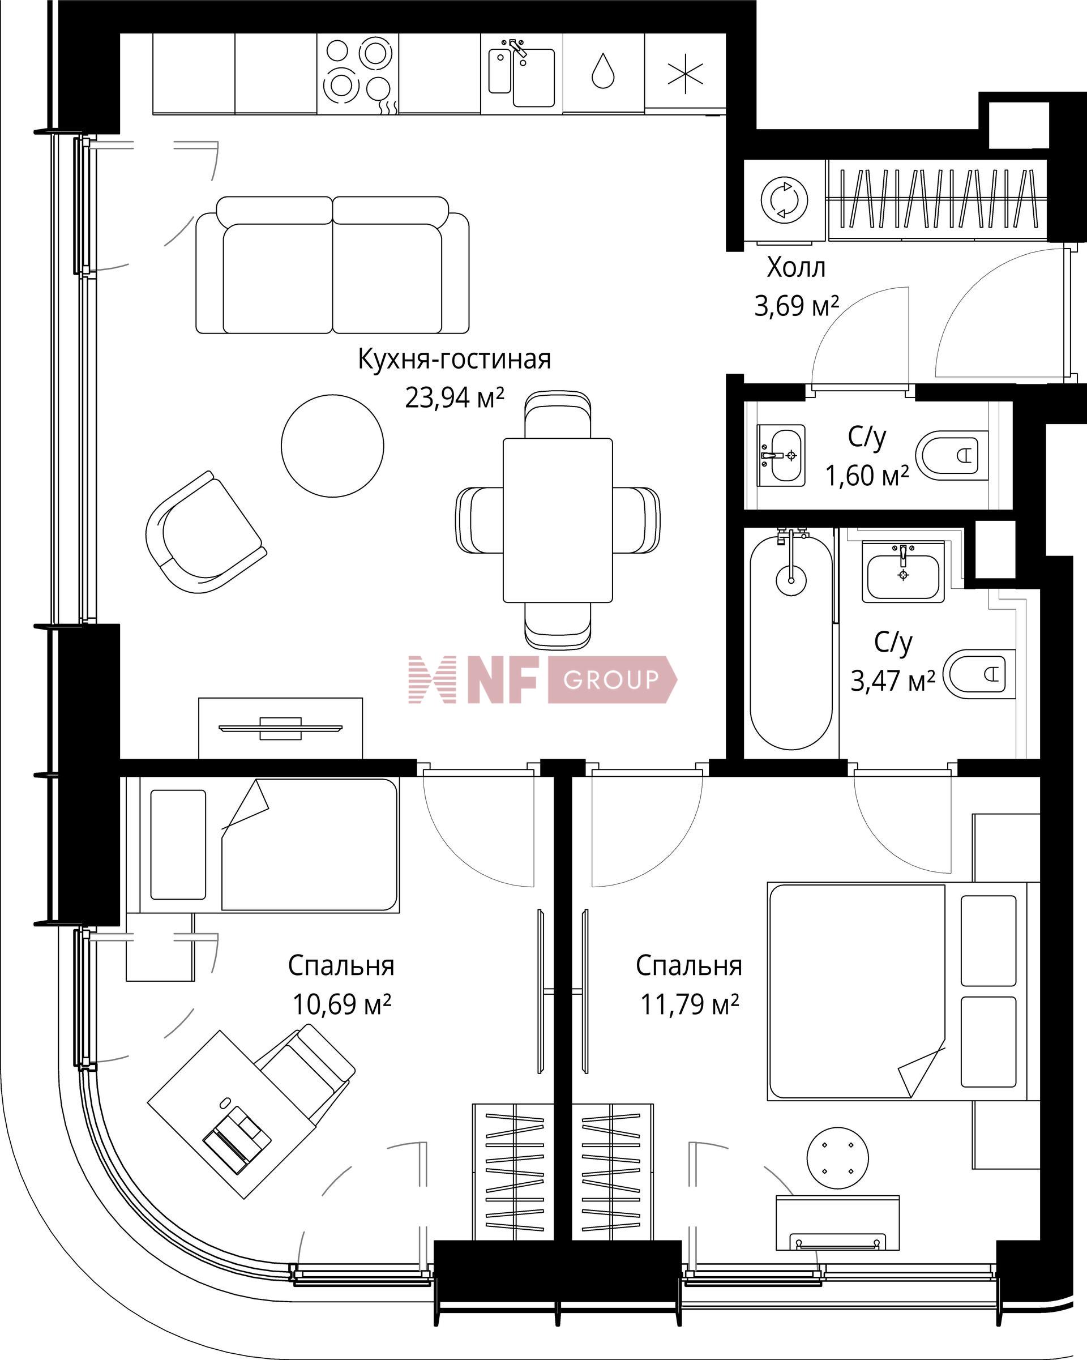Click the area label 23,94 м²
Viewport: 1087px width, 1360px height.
454,398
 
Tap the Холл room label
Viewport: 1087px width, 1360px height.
795,267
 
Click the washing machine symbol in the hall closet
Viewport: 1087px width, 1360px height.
784,200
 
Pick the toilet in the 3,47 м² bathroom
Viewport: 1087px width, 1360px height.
980,674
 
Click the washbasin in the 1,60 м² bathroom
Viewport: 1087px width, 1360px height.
781,455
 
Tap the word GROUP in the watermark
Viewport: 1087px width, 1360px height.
610,679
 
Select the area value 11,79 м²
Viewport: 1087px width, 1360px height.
690,1004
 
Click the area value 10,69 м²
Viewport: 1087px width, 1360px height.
341,1004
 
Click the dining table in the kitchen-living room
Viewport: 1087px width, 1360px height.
558,520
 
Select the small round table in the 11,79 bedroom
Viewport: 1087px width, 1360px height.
837,1159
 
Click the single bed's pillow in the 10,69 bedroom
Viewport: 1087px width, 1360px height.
178,845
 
